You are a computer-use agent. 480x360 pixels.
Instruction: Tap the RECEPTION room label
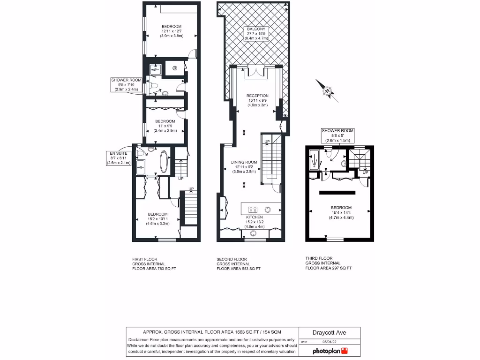[257, 100]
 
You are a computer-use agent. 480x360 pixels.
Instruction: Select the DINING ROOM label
[244, 167]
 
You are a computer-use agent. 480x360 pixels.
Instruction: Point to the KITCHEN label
[254, 222]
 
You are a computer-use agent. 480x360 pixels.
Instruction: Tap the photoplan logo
[330, 351]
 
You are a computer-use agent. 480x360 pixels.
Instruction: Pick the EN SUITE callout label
[120, 158]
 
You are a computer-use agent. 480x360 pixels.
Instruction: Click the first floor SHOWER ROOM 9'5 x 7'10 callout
[127, 84]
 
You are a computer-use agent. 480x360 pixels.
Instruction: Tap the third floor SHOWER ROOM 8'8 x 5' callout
[337, 135]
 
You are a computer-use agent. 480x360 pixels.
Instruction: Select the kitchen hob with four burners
[253, 210]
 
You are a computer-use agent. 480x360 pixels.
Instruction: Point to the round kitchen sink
[269, 210]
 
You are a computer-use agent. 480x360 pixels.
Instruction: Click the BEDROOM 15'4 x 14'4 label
[341, 212]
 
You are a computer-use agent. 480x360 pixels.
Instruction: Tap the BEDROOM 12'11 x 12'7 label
[172, 31]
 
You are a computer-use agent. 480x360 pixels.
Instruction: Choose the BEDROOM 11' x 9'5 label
[165, 126]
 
